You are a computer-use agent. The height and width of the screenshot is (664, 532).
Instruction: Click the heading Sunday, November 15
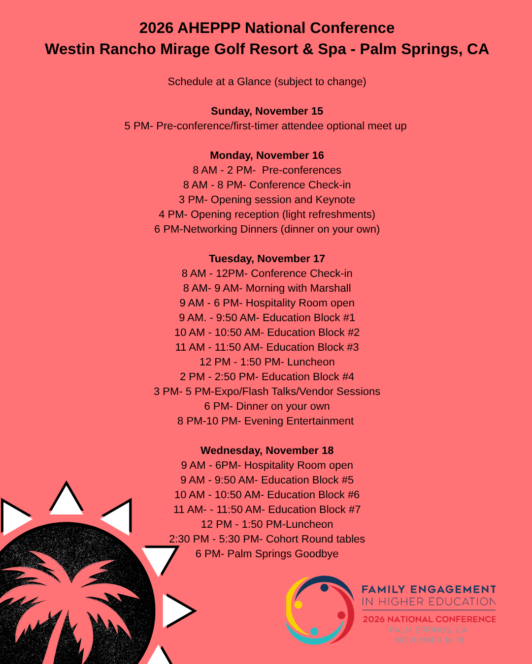tap(266, 111)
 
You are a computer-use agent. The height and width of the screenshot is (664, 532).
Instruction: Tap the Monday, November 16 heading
tap(266, 155)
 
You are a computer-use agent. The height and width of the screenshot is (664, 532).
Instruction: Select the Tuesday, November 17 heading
tap(266, 259)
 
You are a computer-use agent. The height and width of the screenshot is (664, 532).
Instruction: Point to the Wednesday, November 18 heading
tap(266, 451)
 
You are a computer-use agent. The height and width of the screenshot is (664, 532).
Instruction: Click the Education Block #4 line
tap(266, 377)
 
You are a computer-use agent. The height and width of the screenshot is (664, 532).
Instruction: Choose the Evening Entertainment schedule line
tap(266, 421)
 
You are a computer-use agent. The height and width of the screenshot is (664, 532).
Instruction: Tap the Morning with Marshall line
tap(266, 288)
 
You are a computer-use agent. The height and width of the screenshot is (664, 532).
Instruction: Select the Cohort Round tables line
tap(266, 539)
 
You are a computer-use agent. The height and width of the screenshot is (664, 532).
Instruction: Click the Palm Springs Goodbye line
tap(266, 554)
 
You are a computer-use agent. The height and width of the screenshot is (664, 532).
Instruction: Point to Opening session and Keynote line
tap(266, 200)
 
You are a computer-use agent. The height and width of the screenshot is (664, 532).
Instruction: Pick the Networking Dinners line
tap(266, 229)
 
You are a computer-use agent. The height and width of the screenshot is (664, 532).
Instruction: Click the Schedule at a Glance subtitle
tap(266, 82)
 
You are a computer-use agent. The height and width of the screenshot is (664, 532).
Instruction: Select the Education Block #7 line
tap(266, 510)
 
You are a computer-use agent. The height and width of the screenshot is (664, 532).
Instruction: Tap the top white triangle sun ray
tap(66, 499)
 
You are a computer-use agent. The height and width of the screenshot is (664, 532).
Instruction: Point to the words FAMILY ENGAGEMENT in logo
tap(429, 589)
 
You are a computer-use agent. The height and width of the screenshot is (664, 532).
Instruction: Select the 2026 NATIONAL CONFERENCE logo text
tap(429, 619)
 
